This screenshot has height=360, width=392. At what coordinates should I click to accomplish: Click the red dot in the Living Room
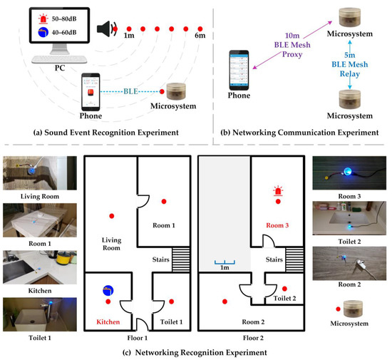pos(111,215)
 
